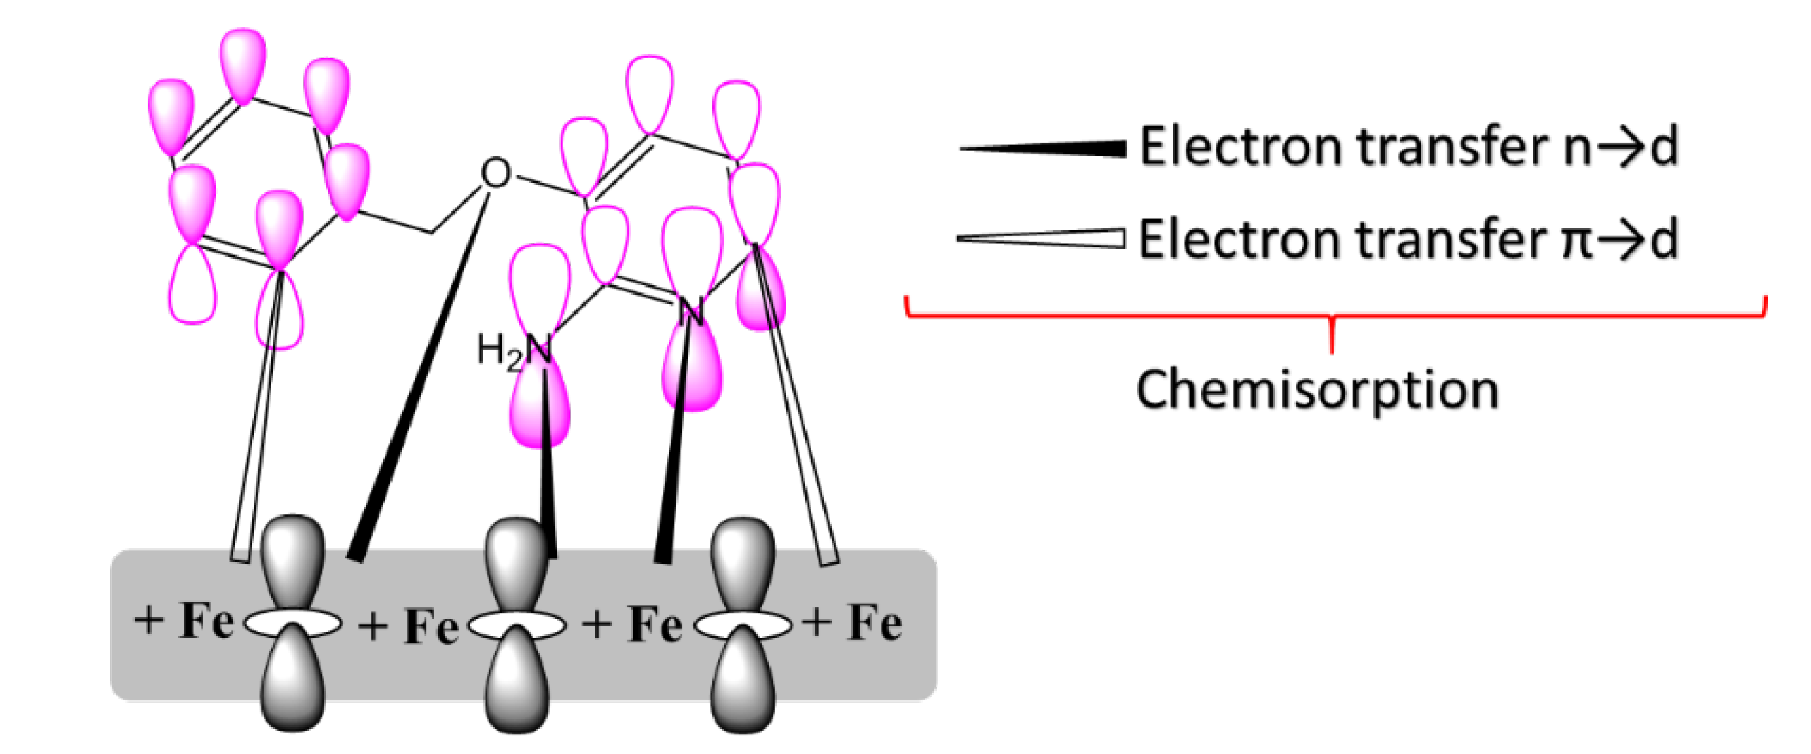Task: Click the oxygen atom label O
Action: pos(495,173)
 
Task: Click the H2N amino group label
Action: pos(513,350)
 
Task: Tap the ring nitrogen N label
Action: pos(691,312)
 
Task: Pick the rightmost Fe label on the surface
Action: pos(874,623)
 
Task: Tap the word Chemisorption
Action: pos(1316,390)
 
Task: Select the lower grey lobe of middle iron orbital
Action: pos(517,680)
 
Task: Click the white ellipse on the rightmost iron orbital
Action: pos(743,624)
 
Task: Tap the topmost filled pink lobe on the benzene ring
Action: pos(242,63)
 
